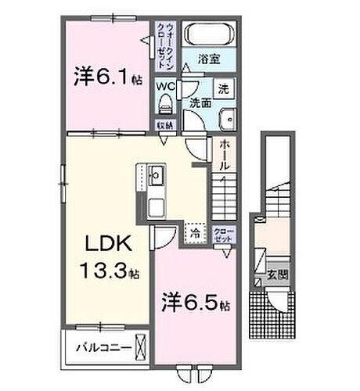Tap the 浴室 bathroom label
pyautogui.click(x=208, y=58)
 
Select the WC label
pyautogui.click(x=166, y=86)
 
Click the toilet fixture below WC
pyautogui.click(x=165, y=104)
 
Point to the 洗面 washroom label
pyautogui.click(x=199, y=102)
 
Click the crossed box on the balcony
pyautogui.click(x=140, y=345)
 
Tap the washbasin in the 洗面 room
pyautogui.click(x=228, y=120)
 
